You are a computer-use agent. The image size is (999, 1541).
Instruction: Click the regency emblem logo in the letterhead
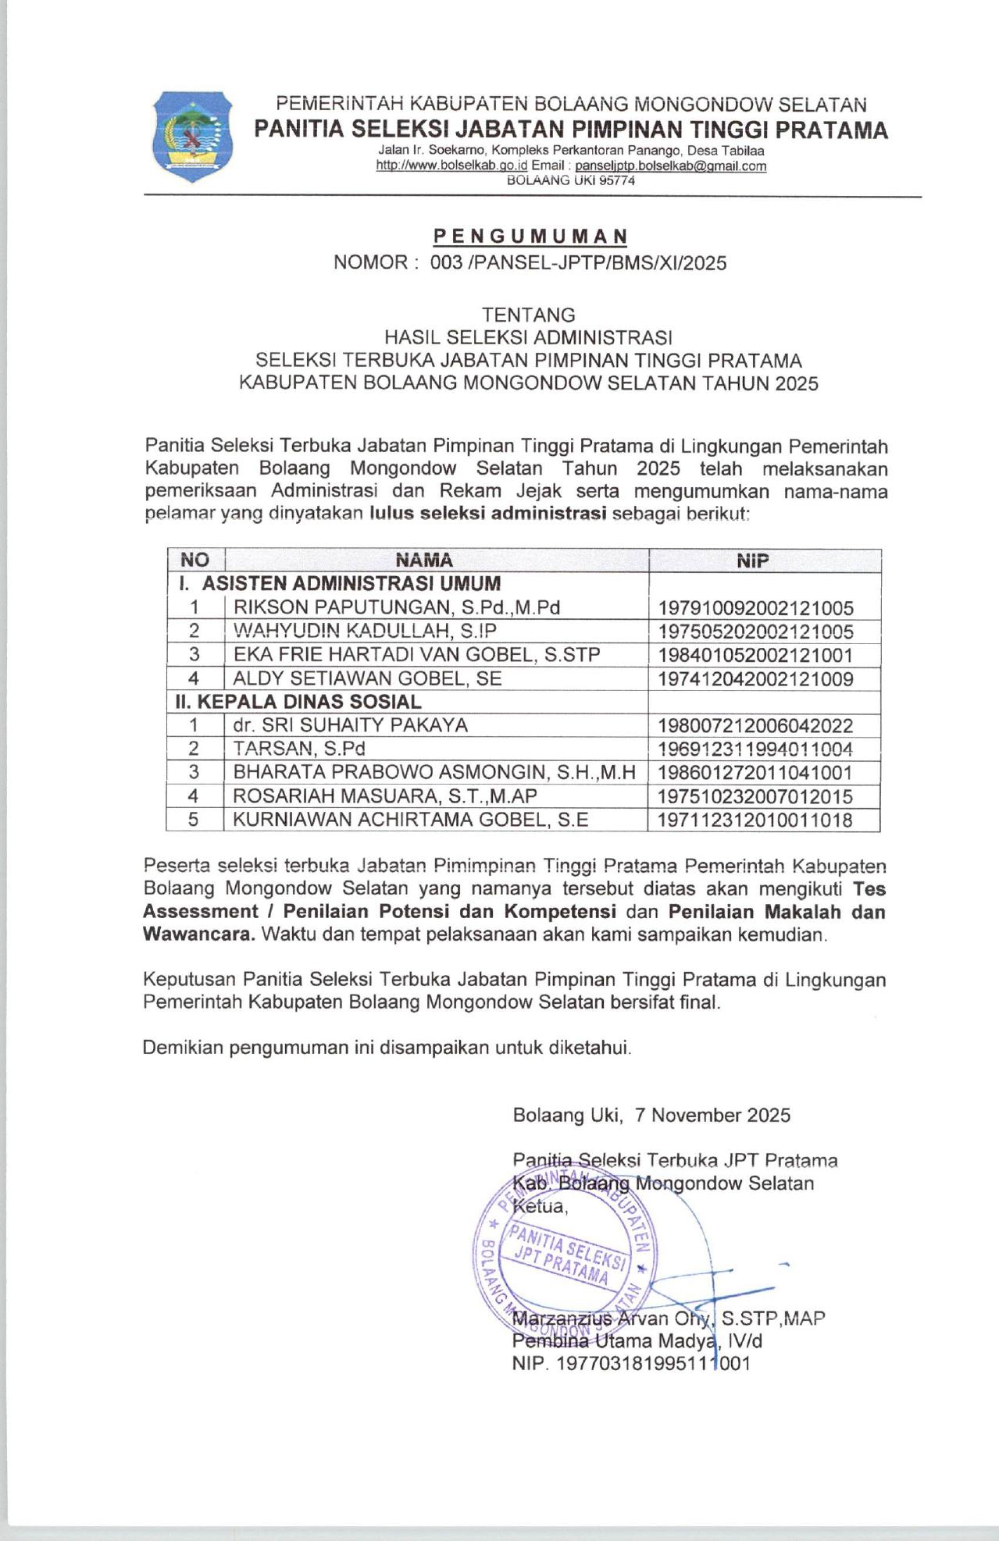(x=191, y=136)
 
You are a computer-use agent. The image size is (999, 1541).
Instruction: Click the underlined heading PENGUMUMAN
(x=530, y=236)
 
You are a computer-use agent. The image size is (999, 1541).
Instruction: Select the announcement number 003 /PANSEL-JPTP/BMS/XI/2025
(x=578, y=263)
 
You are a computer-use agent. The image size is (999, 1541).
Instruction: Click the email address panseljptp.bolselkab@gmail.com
(x=670, y=165)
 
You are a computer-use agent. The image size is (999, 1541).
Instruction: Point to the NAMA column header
(x=424, y=560)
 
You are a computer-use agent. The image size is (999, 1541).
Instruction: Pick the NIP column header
(x=752, y=560)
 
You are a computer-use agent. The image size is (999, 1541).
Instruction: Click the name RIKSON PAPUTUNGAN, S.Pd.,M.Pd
(x=397, y=607)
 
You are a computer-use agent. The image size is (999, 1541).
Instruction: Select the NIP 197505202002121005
(x=755, y=632)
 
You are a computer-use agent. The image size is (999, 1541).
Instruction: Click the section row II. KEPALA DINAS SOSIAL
(x=298, y=702)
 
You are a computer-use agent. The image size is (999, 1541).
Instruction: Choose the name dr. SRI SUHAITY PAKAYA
(x=350, y=725)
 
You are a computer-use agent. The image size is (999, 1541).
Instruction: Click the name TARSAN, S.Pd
(x=299, y=749)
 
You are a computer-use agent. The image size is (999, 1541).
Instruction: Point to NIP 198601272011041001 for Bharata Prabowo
(x=755, y=773)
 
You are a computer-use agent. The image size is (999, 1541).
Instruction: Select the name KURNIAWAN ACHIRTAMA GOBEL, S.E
(x=411, y=820)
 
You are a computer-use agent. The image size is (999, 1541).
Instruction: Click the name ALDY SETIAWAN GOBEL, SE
(x=367, y=678)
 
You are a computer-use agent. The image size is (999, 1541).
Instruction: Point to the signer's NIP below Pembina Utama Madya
(x=631, y=1364)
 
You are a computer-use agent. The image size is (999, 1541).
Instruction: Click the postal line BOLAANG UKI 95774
(x=571, y=180)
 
